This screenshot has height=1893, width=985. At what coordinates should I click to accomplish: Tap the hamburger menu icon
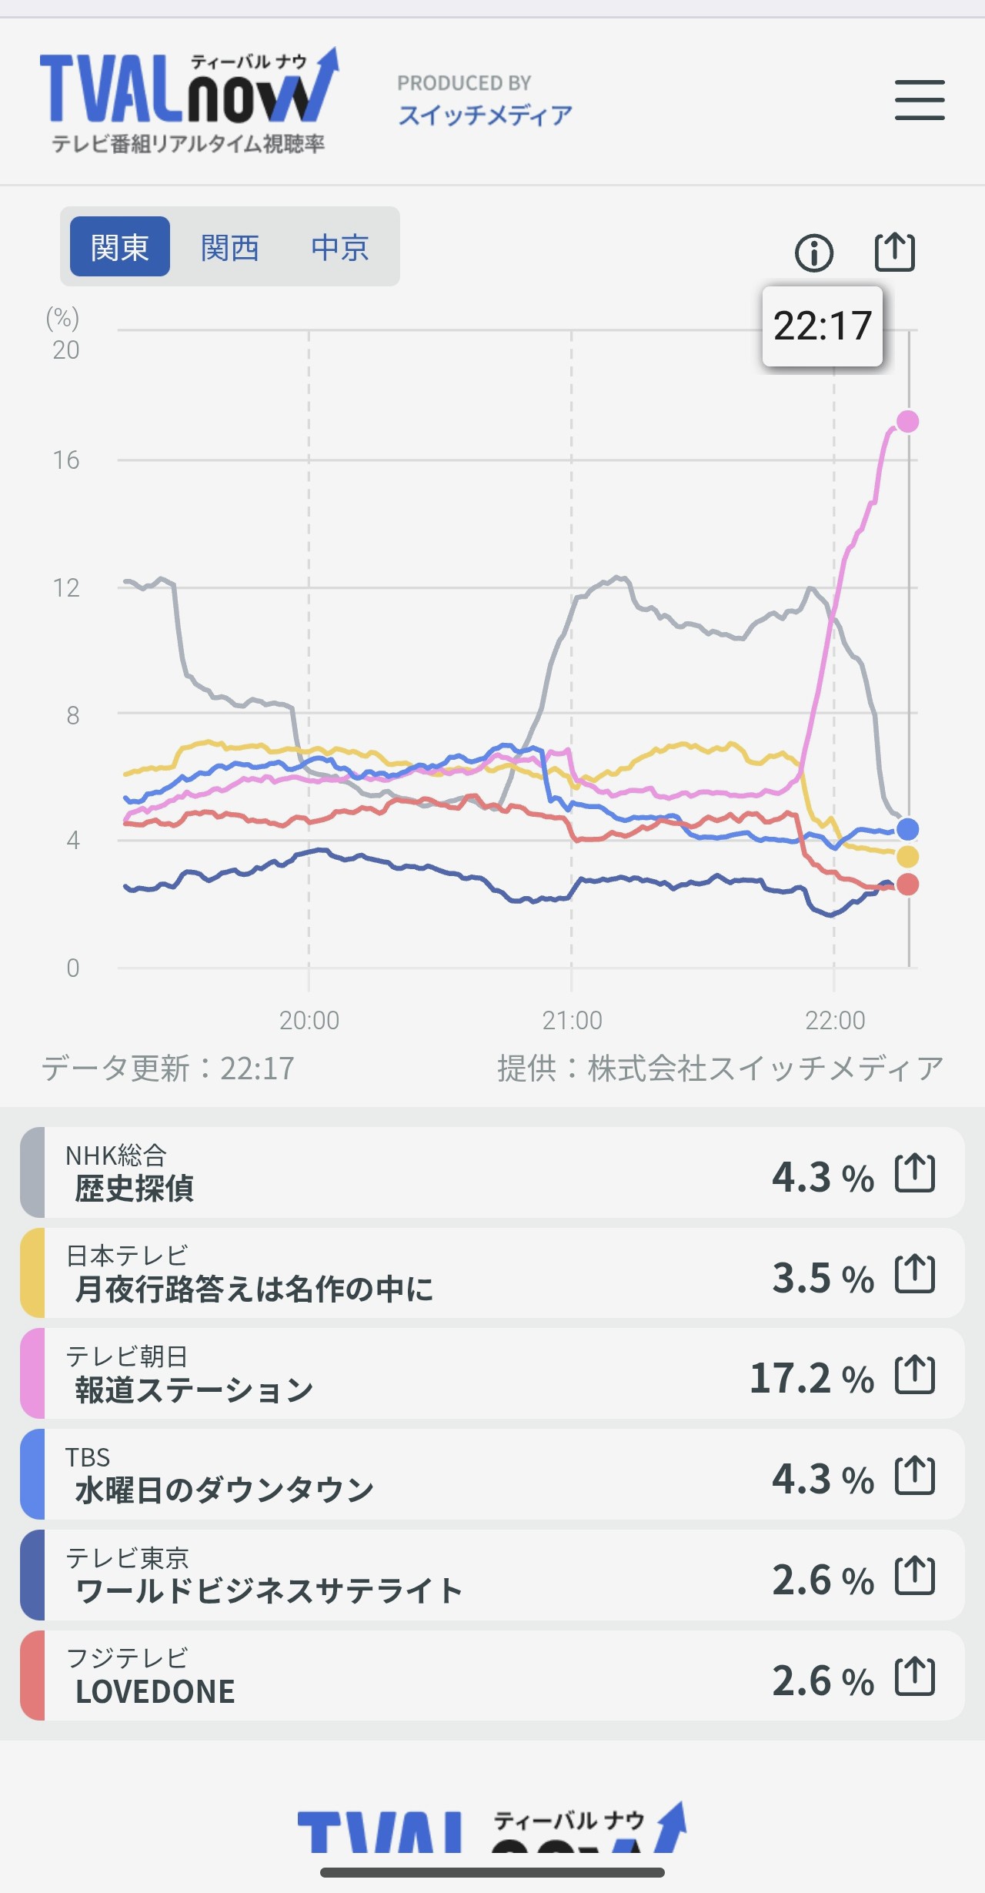[920, 100]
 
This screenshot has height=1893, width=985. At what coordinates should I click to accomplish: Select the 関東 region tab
[120, 247]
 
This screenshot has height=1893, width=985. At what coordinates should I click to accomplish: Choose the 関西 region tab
[229, 247]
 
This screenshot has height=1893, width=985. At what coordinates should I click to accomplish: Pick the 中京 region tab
[340, 247]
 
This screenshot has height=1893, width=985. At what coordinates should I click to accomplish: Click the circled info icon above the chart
[813, 253]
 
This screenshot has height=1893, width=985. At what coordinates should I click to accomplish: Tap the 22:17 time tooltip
[822, 326]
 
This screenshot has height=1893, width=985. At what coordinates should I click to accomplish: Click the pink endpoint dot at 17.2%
[908, 421]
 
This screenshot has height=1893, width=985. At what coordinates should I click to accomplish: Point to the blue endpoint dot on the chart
[908, 829]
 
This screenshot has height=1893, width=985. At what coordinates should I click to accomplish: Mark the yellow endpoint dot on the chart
[908, 856]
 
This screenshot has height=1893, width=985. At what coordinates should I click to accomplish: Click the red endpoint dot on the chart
[908, 885]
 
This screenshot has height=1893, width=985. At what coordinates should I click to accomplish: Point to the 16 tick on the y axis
[66, 460]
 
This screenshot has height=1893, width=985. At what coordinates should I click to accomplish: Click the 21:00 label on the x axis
[572, 1021]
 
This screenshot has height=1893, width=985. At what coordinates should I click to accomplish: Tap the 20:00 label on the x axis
[309, 1021]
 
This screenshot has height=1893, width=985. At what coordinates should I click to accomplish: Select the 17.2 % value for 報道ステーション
[812, 1378]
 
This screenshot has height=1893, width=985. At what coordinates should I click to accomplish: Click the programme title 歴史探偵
[135, 1189]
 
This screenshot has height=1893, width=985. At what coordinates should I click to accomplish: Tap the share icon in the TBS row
[915, 1476]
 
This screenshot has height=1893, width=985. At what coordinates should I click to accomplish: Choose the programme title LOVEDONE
[155, 1691]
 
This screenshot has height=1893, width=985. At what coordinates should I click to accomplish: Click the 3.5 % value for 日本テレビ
[823, 1278]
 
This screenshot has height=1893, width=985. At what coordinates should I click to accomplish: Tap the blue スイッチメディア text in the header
[486, 115]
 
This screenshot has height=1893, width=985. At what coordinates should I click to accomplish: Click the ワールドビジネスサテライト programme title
[269, 1590]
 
